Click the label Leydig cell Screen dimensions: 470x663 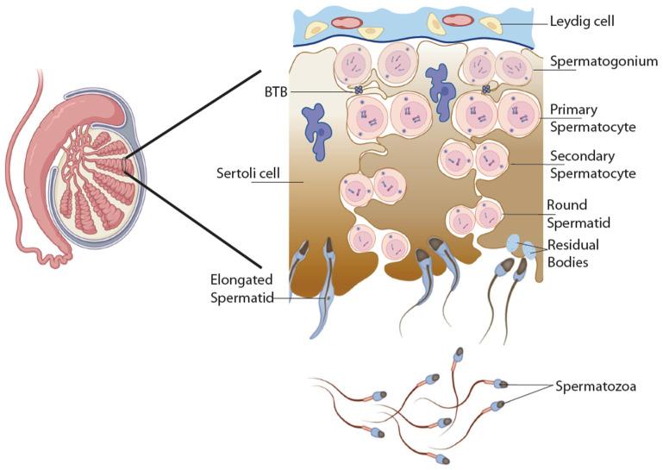point(584,20)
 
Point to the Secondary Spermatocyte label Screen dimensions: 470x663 point(592,165)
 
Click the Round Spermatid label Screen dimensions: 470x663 point(579,214)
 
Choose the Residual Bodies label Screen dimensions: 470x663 point(572,254)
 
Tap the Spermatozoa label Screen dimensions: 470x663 point(596,386)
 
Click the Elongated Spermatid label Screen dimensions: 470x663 point(242,289)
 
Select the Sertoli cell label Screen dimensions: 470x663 point(245,174)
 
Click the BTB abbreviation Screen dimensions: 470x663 point(277,90)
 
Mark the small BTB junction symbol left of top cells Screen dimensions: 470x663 point(358,89)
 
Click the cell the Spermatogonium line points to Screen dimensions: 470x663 point(512,66)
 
